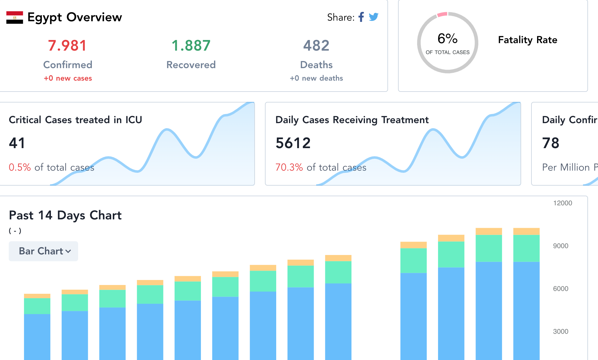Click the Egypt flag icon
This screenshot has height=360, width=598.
pos(15,17)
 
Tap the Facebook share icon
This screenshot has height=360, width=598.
pos(361,17)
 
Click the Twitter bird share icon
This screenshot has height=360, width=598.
pos(373,17)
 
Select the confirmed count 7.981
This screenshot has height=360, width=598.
pos(67,46)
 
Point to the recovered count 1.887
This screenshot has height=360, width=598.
pos(191,46)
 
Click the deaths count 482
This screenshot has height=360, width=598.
pos(316,46)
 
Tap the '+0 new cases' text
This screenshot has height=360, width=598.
pos(68,78)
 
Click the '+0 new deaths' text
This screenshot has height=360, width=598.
pos(316,78)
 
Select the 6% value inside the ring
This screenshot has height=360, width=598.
pos(447,39)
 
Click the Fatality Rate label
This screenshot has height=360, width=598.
pos(527,40)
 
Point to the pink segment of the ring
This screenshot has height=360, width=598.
pos(442,14)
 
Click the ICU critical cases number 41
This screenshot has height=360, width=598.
pos(17,143)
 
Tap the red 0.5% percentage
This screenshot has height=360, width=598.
pos(20,167)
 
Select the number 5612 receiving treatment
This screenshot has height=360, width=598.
pos(293,143)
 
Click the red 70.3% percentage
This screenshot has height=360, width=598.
pos(289,167)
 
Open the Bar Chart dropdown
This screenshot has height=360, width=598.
pos(43,251)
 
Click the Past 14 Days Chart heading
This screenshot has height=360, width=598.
pos(65,215)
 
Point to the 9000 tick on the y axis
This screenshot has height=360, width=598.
pos(561,246)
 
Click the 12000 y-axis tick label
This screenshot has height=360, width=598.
pos(562,203)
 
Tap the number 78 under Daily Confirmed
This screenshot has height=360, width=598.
pos(551,143)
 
